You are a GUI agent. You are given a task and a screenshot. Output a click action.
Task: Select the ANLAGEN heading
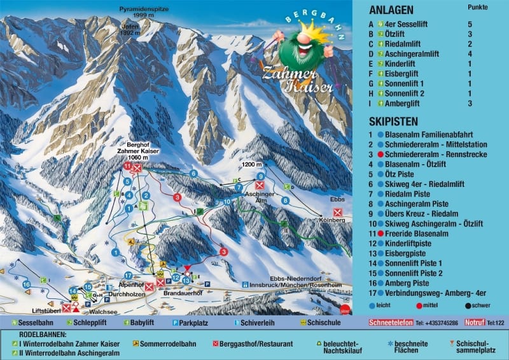[391, 10]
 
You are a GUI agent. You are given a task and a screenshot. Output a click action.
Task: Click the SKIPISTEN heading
[393, 121]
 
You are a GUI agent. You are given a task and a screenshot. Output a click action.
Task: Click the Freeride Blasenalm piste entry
[417, 234]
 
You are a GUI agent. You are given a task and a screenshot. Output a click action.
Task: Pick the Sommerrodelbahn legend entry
[169, 344]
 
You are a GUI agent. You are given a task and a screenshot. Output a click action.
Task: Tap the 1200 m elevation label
[253, 165]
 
